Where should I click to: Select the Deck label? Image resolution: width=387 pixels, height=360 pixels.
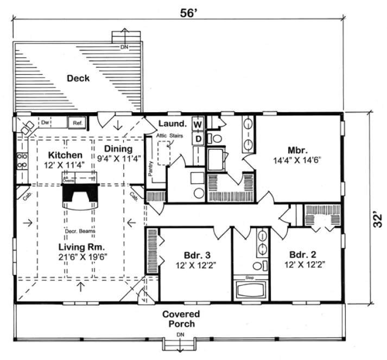point(78,79)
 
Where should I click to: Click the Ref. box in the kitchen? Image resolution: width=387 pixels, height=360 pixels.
point(77,123)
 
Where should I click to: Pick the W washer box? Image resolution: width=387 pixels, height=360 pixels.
point(198,125)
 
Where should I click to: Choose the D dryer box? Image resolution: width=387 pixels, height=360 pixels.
point(198,139)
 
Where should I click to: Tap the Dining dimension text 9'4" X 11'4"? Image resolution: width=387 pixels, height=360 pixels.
point(119,158)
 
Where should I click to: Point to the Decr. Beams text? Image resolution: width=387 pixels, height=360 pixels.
point(77,233)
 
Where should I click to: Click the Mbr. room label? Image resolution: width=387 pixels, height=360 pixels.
point(299,150)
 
